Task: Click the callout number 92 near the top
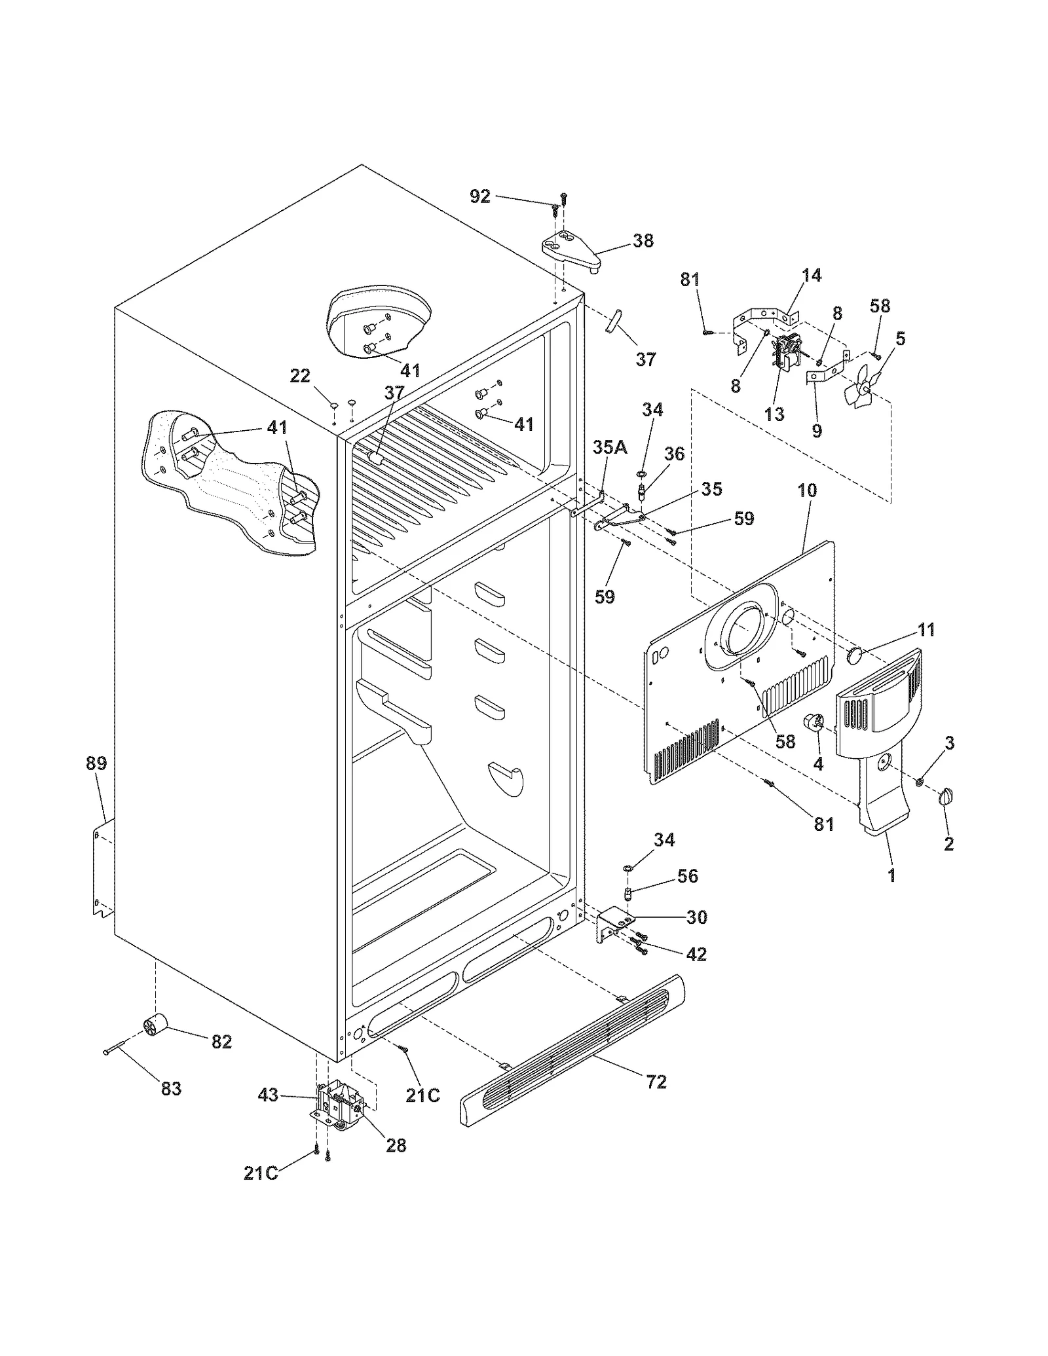coord(480,196)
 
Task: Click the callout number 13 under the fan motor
coord(774,414)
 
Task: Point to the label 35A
coord(610,447)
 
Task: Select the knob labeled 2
coord(946,797)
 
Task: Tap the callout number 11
coord(926,630)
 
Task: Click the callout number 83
coord(171,1089)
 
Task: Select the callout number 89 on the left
coord(96,763)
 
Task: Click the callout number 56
coord(688,876)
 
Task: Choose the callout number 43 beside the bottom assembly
coord(269,1095)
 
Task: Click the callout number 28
coord(396,1145)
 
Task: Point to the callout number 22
coord(300,376)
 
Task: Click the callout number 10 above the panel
coord(807,490)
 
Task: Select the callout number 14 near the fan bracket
coord(811,276)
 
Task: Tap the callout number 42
coord(696,955)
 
